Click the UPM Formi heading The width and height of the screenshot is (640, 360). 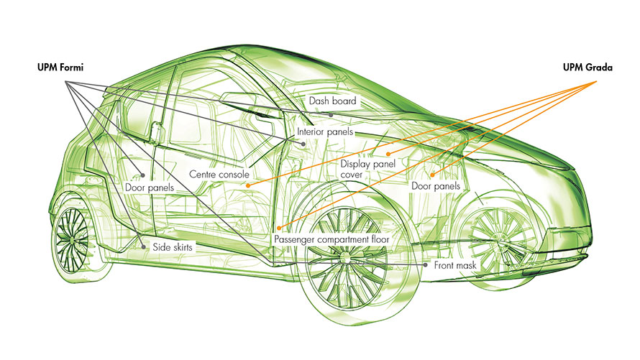60,68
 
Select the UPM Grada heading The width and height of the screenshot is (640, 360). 588,68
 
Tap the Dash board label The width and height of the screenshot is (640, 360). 332,101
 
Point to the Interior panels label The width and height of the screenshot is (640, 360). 325,132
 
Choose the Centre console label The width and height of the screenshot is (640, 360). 219,175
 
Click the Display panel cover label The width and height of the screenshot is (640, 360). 367,169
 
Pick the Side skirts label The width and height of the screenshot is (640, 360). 173,247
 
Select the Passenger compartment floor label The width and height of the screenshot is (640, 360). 332,239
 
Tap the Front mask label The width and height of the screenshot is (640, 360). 455,265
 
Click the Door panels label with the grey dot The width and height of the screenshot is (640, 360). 150,188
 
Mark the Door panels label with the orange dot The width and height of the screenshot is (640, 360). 436,186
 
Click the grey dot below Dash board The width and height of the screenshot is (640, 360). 331,115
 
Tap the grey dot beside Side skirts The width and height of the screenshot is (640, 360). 143,247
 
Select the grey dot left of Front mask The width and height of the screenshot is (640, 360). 425,265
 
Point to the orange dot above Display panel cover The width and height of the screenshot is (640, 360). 388,154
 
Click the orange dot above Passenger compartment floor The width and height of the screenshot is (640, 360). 279,228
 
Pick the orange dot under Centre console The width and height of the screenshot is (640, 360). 248,185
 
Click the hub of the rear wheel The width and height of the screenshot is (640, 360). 73,239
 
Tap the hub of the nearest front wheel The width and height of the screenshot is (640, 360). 346,257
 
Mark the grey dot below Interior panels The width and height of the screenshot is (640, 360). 303,144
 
